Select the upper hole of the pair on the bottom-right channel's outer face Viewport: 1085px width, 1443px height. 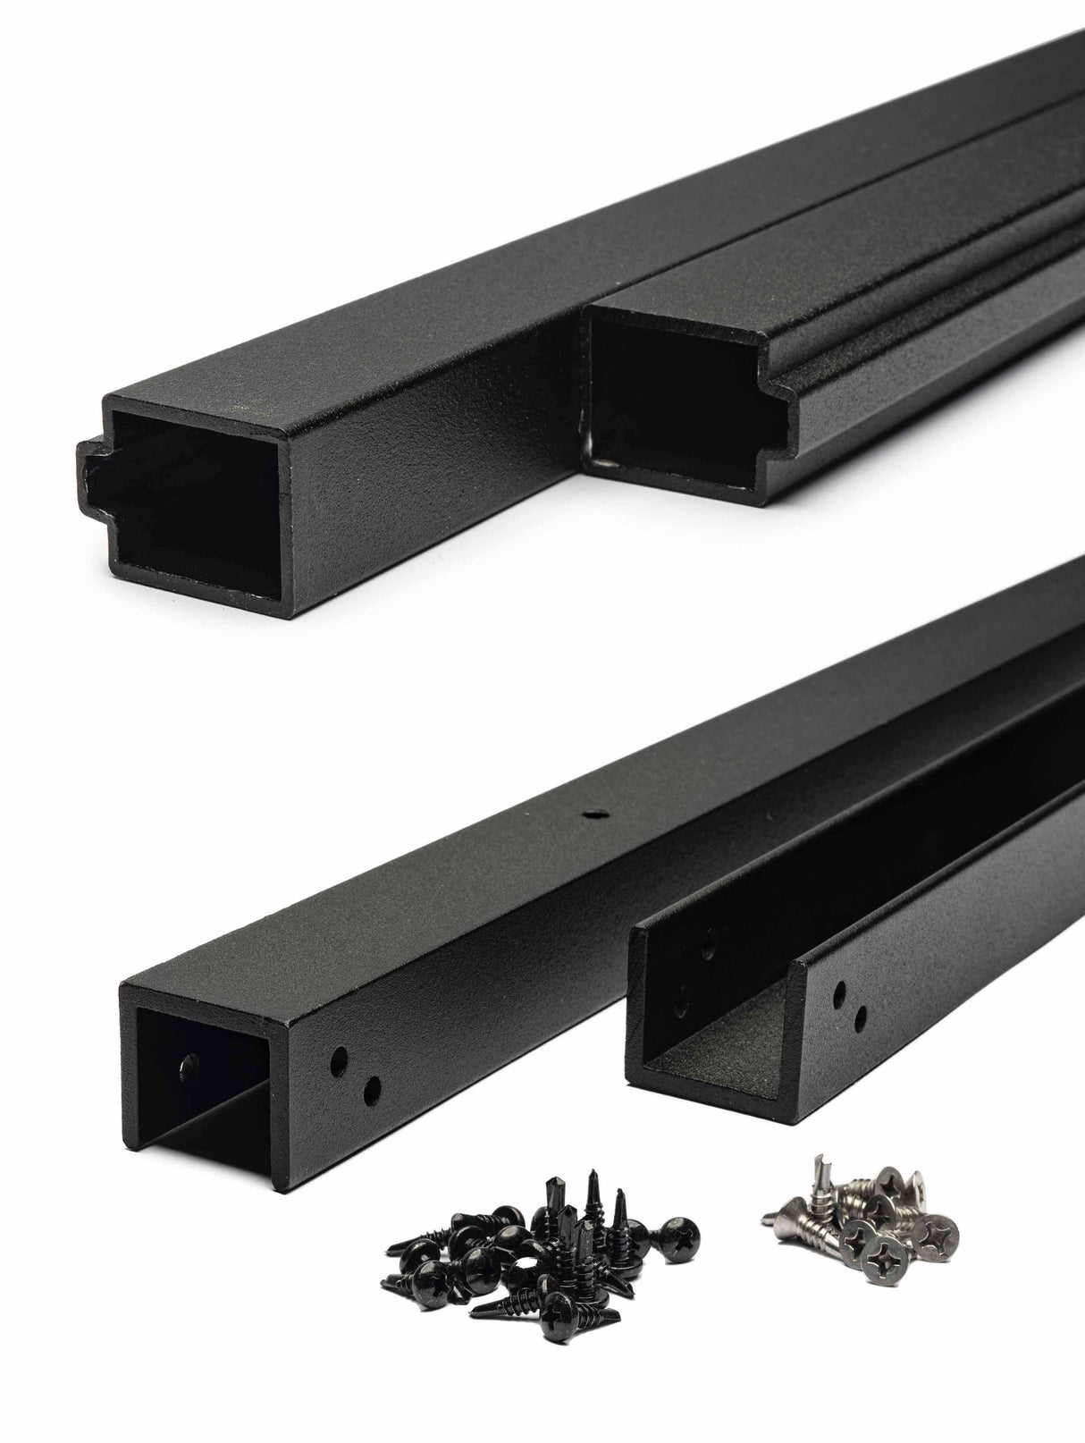(x=840, y=992)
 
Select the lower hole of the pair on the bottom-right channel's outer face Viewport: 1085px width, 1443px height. (x=861, y=1015)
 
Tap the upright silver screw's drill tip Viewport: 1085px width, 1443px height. (x=816, y=1163)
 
